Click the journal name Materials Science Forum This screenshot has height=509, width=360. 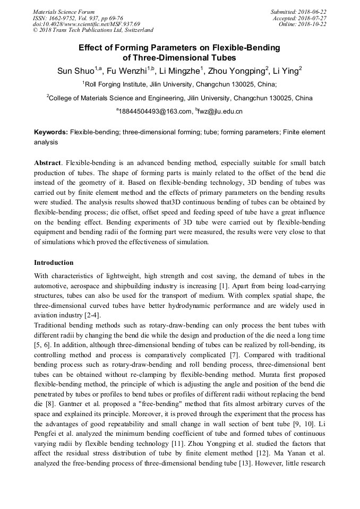tap(64, 12)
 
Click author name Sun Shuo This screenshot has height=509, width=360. tap(75, 71)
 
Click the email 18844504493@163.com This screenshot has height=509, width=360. tap(154, 111)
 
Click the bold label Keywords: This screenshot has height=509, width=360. tap(51, 132)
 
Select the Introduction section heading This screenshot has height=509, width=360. tap(54, 262)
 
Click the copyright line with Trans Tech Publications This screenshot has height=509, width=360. tap(93, 31)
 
